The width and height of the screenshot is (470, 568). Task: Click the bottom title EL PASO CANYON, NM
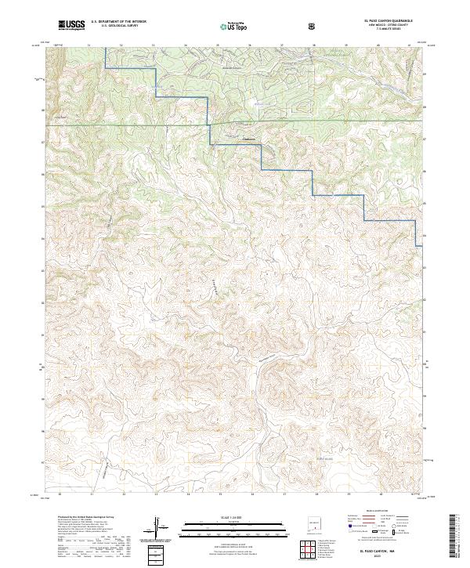(378, 551)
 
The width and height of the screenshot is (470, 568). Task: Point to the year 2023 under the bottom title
(378, 556)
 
